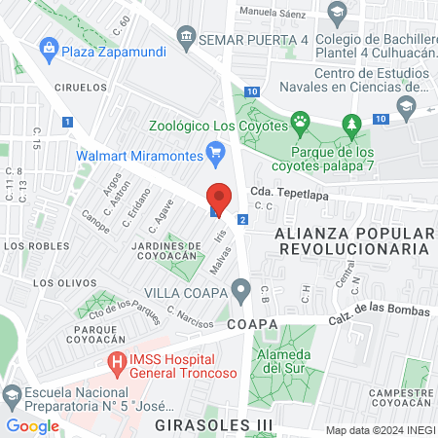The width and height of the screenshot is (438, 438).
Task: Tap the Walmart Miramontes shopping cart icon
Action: coord(216,152)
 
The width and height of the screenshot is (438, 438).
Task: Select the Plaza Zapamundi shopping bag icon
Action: coord(47,47)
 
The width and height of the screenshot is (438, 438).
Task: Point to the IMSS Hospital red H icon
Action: coord(117,364)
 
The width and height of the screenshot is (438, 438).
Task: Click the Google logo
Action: coord(32,425)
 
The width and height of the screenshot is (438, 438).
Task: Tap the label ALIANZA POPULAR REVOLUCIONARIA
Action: coord(352,240)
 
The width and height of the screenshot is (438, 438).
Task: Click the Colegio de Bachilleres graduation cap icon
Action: coord(338,14)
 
